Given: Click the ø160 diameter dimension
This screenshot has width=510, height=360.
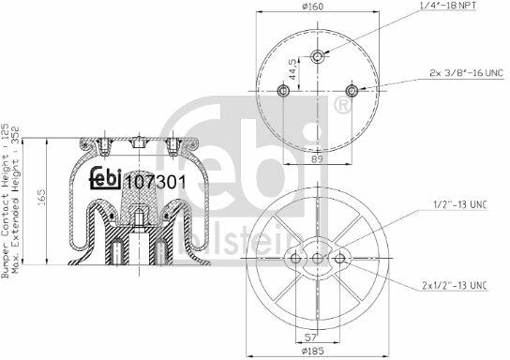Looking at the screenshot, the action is [312, 7].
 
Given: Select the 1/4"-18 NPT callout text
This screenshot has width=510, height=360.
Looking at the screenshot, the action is [447, 6].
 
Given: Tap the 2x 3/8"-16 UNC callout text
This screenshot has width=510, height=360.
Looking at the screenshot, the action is [467, 73].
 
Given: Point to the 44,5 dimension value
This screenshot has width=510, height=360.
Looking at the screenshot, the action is [292, 69].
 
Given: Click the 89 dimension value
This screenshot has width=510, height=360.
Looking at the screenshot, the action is [317, 159].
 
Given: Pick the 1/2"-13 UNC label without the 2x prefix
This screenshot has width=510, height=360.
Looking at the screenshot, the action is [460, 205].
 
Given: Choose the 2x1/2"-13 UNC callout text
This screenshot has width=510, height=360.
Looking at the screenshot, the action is [455, 286].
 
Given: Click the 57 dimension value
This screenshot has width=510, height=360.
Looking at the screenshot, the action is [311, 337].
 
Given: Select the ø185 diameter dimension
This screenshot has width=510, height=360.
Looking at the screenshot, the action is [313, 352].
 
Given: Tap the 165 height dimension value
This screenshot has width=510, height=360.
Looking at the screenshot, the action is [41, 198].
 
